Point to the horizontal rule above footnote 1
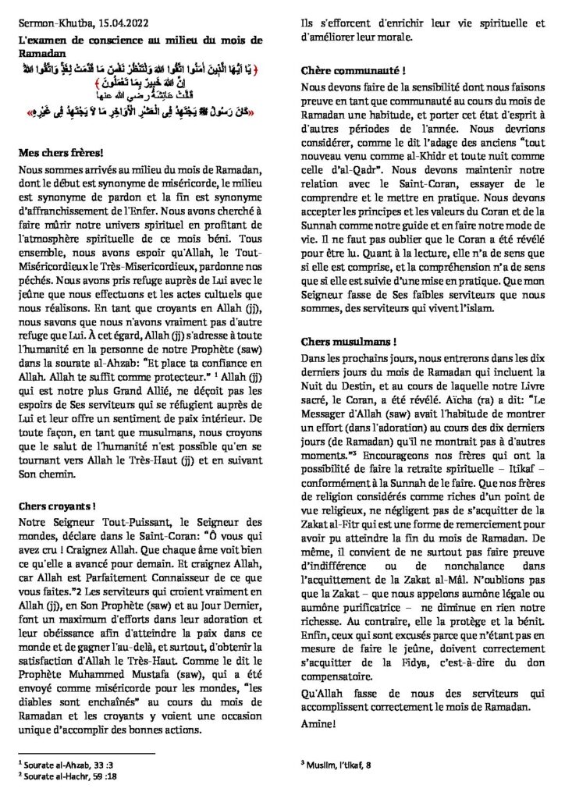pos(86,754)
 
